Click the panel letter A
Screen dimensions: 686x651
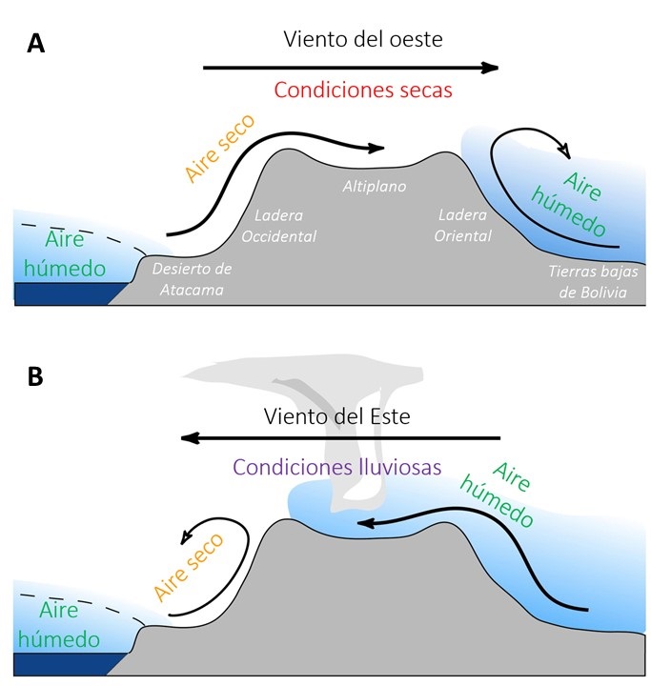(36, 43)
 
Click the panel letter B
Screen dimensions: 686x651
(35, 376)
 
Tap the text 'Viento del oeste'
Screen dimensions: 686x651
(363, 40)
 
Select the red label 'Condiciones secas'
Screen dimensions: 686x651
(363, 91)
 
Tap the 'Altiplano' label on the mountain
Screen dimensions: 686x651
(375, 187)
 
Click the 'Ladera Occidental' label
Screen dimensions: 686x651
(285, 226)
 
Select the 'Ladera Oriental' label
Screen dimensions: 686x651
(463, 226)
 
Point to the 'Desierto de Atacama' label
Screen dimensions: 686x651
(192, 279)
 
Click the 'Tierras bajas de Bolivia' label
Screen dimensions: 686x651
(588, 282)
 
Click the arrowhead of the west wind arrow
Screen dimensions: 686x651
(491, 68)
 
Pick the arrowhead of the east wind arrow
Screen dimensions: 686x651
(188, 438)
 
